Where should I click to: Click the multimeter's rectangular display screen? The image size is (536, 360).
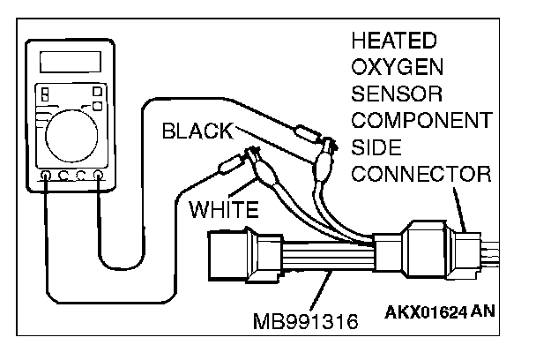pos(69,62)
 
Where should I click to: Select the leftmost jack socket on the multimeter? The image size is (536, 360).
pos(45,176)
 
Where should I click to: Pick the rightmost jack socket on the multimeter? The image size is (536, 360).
pos(99,176)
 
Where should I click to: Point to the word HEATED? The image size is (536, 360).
pos(393,41)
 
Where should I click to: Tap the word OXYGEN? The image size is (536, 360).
pos(397,68)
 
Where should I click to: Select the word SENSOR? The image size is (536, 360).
pos(398,94)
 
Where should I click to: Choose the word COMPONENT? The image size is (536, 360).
pos(419,120)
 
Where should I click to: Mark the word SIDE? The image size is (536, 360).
pos(376,146)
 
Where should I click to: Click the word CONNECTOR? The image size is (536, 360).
pos(421,172)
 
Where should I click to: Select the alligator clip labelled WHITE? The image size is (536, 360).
pos(262,168)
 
